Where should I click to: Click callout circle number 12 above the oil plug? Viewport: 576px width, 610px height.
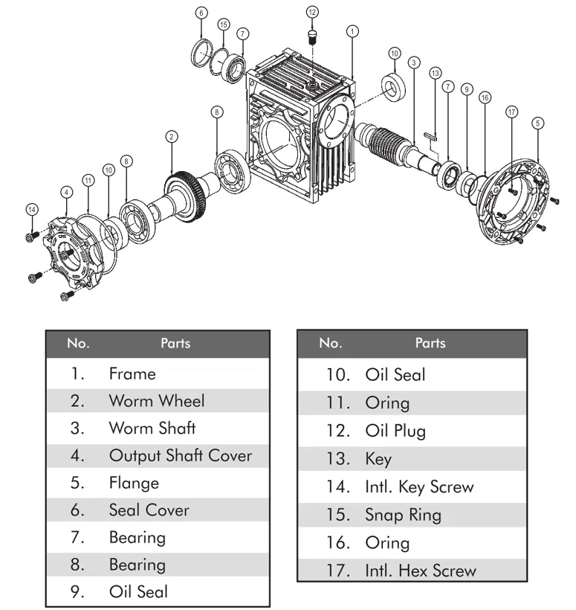[312, 11]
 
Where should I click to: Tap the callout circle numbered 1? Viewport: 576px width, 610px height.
[352, 30]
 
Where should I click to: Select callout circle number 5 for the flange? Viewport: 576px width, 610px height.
[537, 122]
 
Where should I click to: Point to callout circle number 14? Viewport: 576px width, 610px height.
[30, 210]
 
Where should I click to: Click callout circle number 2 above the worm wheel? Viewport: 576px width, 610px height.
[172, 136]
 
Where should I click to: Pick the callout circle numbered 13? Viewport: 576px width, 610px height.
[435, 73]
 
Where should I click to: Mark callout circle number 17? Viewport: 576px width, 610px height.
[511, 112]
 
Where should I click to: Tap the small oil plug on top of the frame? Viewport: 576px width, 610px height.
[312, 37]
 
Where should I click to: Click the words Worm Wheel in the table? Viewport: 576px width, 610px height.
[156, 401]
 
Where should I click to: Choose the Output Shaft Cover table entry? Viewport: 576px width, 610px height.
[180, 455]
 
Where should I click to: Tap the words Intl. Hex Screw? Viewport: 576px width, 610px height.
[420, 571]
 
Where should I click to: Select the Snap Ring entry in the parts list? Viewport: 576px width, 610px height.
[403, 515]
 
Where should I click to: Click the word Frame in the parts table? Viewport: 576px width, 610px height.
[132, 373]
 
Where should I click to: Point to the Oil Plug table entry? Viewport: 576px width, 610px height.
[395, 431]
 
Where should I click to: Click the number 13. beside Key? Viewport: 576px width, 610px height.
[338, 459]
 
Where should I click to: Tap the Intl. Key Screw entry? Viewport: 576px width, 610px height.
[418, 487]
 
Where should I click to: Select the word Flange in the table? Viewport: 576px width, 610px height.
[134, 483]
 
